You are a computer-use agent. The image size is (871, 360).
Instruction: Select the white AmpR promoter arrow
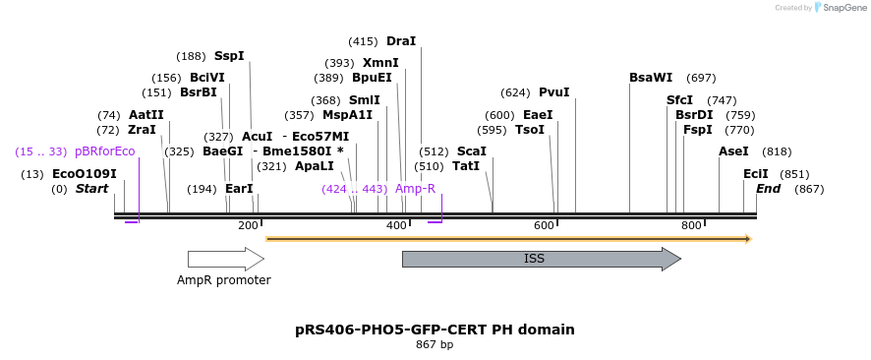point(225,259)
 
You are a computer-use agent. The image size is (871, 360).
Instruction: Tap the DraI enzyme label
point(401,41)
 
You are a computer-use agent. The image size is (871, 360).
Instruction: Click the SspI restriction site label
point(229,56)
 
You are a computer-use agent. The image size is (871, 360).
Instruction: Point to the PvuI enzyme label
point(554,92)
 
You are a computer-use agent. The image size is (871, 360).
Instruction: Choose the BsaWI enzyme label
point(651,78)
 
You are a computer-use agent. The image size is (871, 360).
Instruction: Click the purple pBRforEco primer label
point(104,151)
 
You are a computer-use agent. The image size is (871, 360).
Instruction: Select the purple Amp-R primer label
point(415,188)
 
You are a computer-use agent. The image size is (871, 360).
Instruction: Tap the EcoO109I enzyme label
point(85,174)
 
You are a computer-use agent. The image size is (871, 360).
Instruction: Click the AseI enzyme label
point(733,151)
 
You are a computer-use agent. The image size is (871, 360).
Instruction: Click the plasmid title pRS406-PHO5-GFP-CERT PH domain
point(435,330)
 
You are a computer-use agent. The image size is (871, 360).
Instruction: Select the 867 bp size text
point(435,345)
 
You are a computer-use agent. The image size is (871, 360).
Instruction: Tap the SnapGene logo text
point(842,8)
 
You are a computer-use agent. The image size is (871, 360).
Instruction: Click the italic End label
point(769,189)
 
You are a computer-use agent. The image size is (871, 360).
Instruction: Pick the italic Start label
point(92,189)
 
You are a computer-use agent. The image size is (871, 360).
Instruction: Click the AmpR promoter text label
point(224,280)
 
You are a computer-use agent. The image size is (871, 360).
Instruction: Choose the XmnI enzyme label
point(380,63)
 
